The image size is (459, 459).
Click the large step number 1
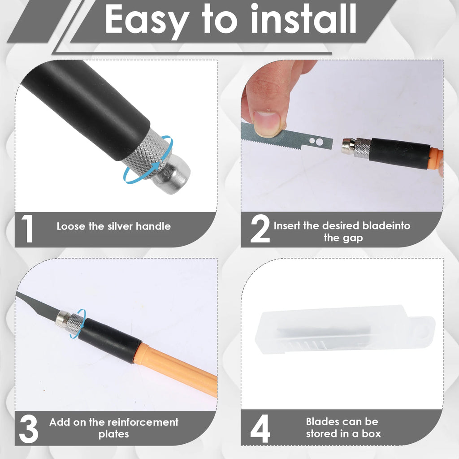click(27, 229)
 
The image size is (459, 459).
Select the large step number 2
click(260, 229)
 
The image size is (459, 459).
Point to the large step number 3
click(29, 429)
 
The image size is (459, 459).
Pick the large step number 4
click(260, 429)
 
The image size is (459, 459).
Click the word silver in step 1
click(120, 226)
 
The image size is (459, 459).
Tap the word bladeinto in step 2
click(386, 226)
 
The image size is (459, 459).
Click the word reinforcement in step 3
click(141, 422)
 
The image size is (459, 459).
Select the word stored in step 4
click(322, 433)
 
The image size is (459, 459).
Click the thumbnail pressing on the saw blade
click(267, 123)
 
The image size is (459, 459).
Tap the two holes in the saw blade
click(316, 141)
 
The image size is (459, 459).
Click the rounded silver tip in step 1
click(172, 178)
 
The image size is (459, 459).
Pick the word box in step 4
click(371, 433)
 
